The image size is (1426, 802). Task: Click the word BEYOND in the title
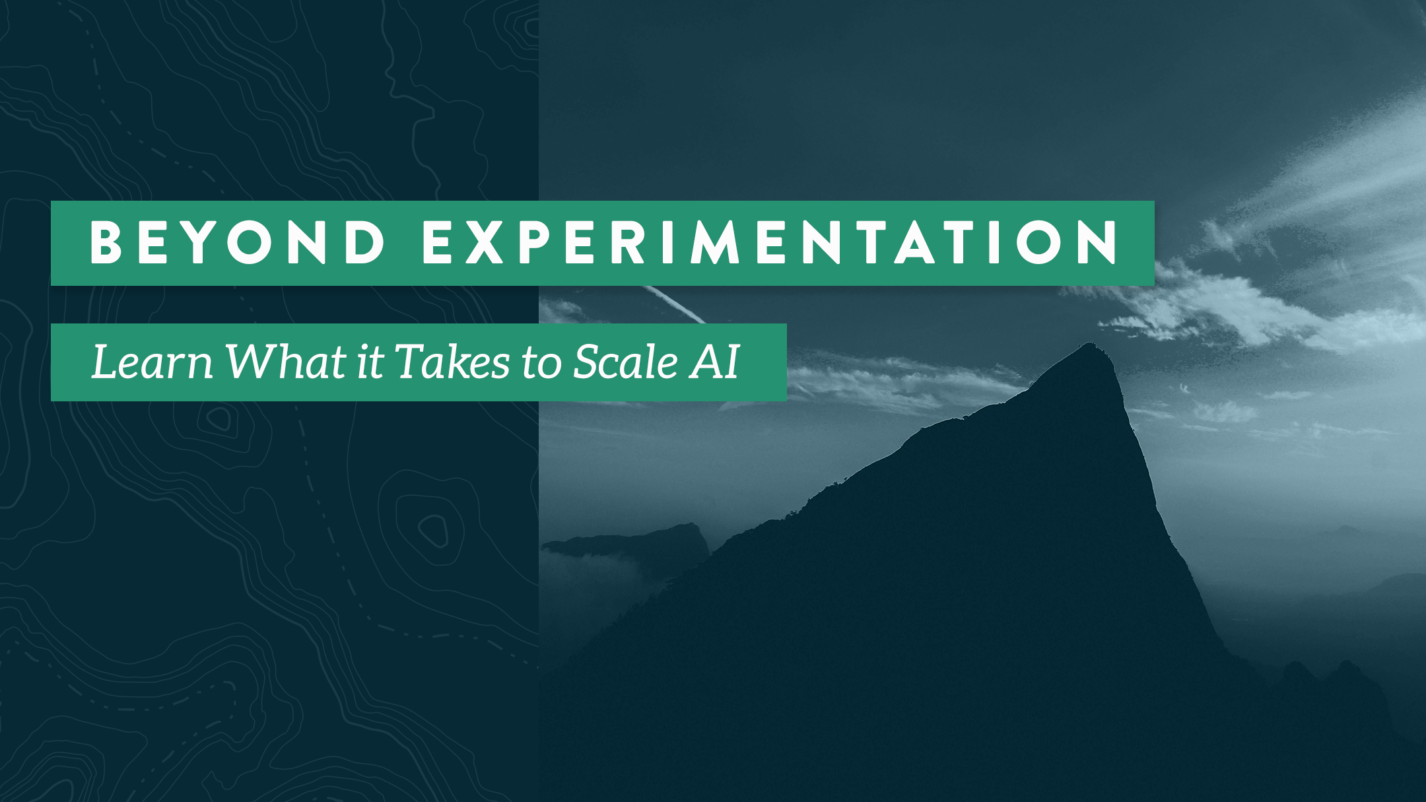click(237, 242)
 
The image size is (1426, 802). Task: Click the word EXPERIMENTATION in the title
click(770, 242)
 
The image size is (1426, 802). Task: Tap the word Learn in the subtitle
click(152, 362)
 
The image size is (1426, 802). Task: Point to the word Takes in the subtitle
click(452, 362)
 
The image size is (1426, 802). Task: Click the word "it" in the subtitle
click(370, 362)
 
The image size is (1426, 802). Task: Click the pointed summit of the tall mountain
click(1092, 347)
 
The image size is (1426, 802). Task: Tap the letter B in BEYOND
click(106, 242)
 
